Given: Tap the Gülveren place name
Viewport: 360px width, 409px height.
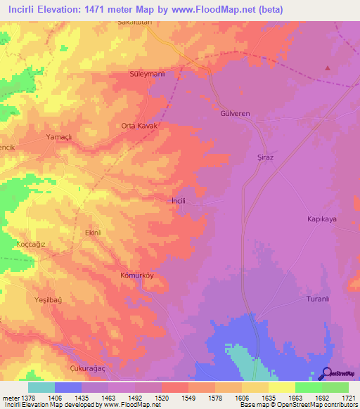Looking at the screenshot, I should click(x=235, y=112).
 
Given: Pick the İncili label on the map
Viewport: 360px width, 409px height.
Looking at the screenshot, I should click(x=179, y=200).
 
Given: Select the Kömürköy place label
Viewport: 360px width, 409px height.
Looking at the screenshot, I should click(x=136, y=276).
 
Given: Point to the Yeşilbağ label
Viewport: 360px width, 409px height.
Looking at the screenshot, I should click(x=49, y=299).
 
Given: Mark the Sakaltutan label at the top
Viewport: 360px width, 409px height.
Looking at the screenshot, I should click(x=134, y=22).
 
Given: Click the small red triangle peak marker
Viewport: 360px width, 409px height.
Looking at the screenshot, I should click(x=327, y=67).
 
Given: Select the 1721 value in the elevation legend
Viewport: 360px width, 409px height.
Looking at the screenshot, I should click(x=349, y=398).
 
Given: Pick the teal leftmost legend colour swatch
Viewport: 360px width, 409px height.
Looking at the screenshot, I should click(x=41, y=387).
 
